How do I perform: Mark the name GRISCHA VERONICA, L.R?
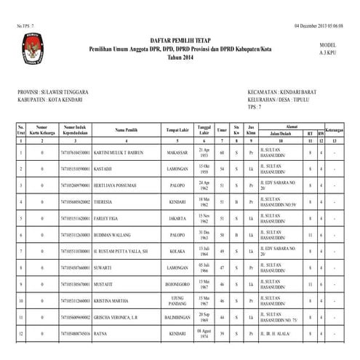click(118, 316)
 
